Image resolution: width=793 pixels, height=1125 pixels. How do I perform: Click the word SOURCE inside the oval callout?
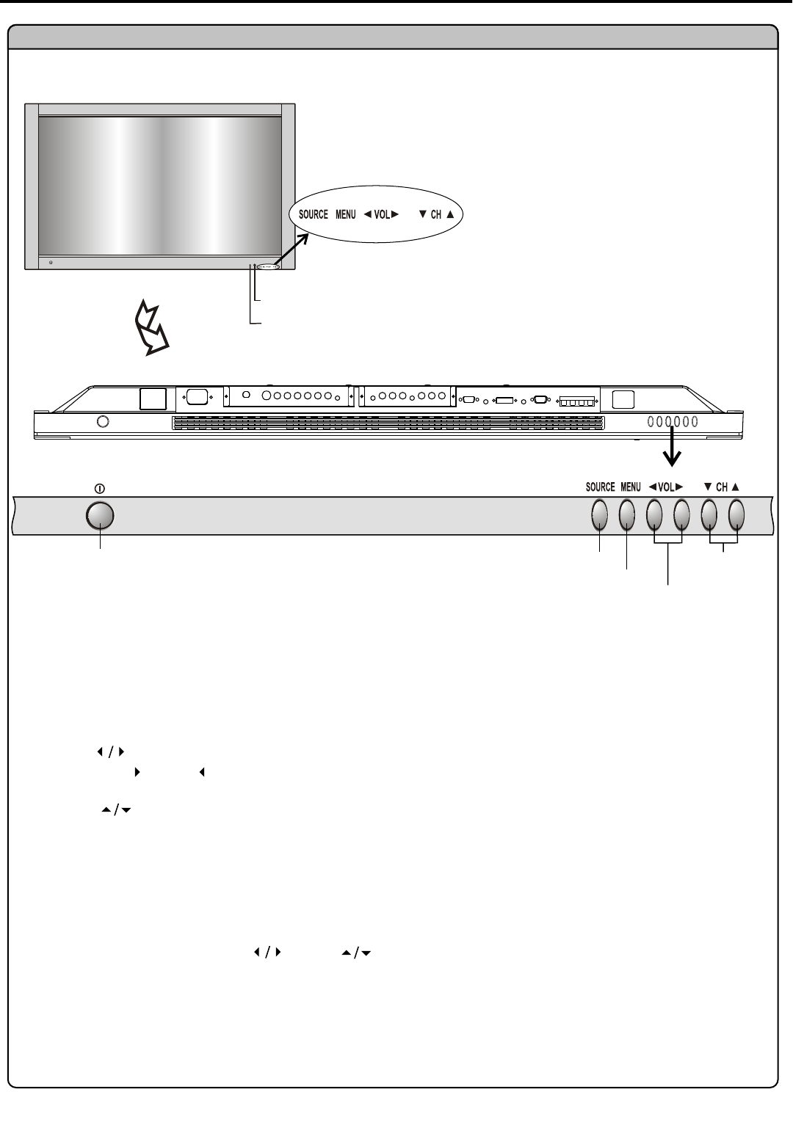[x=313, y=214]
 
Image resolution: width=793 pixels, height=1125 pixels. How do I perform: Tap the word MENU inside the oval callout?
[x=346, y=214]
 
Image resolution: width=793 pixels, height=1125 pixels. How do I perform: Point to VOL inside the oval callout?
[x=382, y=214]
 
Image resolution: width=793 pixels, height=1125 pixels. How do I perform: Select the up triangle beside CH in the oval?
[x=450, y=214]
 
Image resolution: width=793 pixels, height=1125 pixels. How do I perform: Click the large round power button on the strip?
[x=100, y=516]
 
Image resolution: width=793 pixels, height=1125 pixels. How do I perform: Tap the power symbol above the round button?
[x=100, y=488]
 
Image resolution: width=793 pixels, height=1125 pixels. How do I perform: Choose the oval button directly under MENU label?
[x=626, y=514]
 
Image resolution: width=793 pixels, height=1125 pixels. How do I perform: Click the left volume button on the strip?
[x=654, y=514]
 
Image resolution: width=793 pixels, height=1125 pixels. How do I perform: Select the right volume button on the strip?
[x=681, y=514]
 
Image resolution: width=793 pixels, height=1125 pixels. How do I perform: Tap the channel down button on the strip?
[x=709, y=514]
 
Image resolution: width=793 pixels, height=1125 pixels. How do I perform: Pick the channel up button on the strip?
[x=736, y=514]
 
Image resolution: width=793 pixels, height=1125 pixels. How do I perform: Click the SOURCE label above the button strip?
[x=600, y=487]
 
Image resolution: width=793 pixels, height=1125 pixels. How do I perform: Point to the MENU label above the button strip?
[x=631, y=487]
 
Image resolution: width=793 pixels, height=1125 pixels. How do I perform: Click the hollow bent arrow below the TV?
[x=151, y=329]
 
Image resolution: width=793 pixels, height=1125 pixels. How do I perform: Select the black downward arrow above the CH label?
[x=672, y=446]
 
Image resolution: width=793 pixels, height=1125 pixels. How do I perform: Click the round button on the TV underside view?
[x=103, y=421]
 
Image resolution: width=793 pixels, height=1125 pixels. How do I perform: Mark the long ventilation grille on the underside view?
[x=388, y=423]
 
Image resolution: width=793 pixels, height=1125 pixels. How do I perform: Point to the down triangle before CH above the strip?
[x=708, y=486]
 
